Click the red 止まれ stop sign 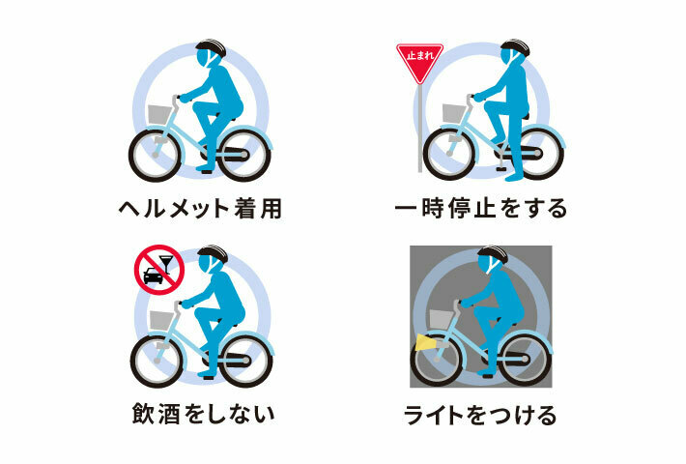pos(419,61)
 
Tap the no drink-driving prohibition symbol pos(158,270)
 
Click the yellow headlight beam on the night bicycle pos(423,342)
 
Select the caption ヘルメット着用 pos(201,209)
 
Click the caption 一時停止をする pos(481,209)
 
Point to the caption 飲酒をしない pos(204,414)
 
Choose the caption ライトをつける pos(480,415)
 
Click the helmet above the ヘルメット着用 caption pos(211,47)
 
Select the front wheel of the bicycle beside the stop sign pos(449,154)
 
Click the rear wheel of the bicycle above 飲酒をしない pos(245,362)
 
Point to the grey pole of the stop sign pos(420,128)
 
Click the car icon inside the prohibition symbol pos(153,275)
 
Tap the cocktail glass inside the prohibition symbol pos(165,264)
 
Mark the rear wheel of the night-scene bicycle pos(525,359)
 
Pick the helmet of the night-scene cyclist pos(493,254)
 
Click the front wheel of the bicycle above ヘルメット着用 pos(155,156)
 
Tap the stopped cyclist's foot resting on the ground pos(514,178)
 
